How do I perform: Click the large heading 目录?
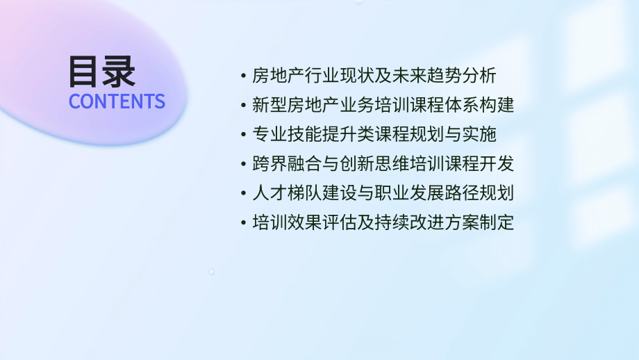tap(102, 71)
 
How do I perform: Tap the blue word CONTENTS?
tap(117, 101)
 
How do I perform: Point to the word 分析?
tap(480, 76)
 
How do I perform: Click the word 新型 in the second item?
tap(269, 106)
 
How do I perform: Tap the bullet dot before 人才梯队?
tap(242, 195)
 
